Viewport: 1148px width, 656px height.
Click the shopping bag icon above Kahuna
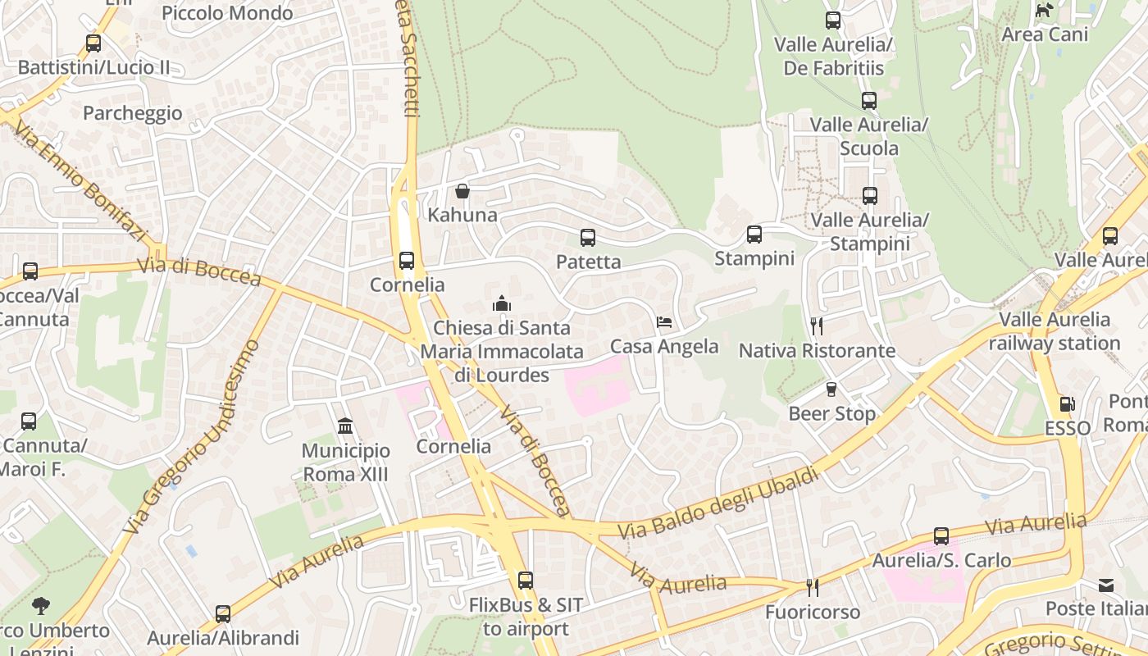click(x=462, y=191)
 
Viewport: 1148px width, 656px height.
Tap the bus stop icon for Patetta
click(x=587, y=238)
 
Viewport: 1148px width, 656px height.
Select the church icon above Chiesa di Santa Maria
click(x=502, y=303)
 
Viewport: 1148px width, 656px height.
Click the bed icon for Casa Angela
click(x=664, y=322)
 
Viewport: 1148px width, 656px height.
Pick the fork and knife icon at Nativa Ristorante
click(x=816, y=326)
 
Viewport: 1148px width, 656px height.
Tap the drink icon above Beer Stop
click(x=831, y=389)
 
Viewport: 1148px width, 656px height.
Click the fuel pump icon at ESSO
click(x=1068, y=403)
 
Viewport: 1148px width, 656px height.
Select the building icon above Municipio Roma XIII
click(x=345, y=426)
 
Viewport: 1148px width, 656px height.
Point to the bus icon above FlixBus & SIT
click(x=526, y=581)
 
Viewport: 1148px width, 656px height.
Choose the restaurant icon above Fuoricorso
click(x=812, y=588)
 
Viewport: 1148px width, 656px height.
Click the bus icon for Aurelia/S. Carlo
click(x=941, y=536)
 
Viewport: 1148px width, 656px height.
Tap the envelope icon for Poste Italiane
click(x=1106, y=585)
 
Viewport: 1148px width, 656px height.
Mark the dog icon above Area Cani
click(x=1045, y=10)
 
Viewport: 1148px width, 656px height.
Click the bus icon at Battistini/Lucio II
click(x=93, y=43)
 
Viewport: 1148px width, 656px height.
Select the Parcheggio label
click(x=133, y=113)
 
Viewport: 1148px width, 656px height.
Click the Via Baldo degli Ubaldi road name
click(x=718, y=503)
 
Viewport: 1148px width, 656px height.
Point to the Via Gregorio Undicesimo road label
click(x=193, y=435)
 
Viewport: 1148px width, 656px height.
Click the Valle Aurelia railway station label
click(x=1055, y=331)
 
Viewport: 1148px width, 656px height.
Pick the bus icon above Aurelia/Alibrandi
click(x=223, y=613)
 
